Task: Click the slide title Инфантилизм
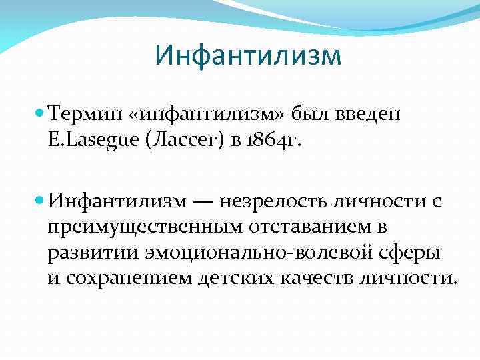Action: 247,56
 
